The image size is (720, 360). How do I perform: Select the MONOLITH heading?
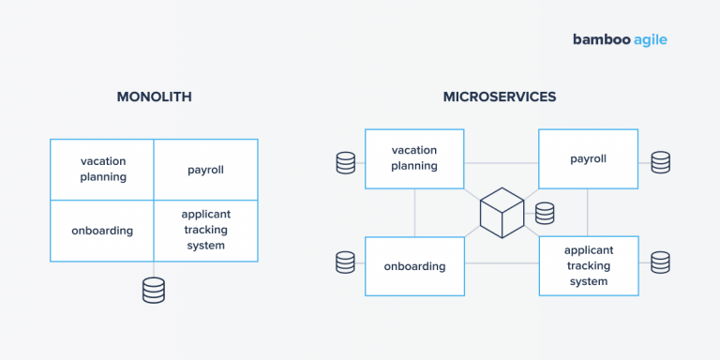coord(154,97)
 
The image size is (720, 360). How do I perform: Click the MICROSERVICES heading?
coord(500,97)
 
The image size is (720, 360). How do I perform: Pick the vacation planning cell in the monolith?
coord(102,170)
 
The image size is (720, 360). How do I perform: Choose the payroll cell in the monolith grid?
coord(205,170)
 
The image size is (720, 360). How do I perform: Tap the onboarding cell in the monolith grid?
coord(102,231)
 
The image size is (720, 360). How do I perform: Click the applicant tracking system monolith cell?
coord(205,231)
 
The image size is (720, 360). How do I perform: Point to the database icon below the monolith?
coord(154,291)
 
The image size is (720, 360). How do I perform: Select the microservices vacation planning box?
coord(414,158)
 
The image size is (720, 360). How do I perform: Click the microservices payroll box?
coord(588,158)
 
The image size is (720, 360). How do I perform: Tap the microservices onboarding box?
coord(414,266)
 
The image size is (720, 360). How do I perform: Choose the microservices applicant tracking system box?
coord(588,266)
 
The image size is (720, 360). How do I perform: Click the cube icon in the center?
coord(502,213)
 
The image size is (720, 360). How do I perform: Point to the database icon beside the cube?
coord(545,214)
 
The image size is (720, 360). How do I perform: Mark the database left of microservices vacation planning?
coord(346,163)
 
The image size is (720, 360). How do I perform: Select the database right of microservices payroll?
coord(661,162)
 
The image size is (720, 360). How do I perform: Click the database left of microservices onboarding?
coord(346,262)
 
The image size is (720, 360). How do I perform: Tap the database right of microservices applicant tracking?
coord(661,262)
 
